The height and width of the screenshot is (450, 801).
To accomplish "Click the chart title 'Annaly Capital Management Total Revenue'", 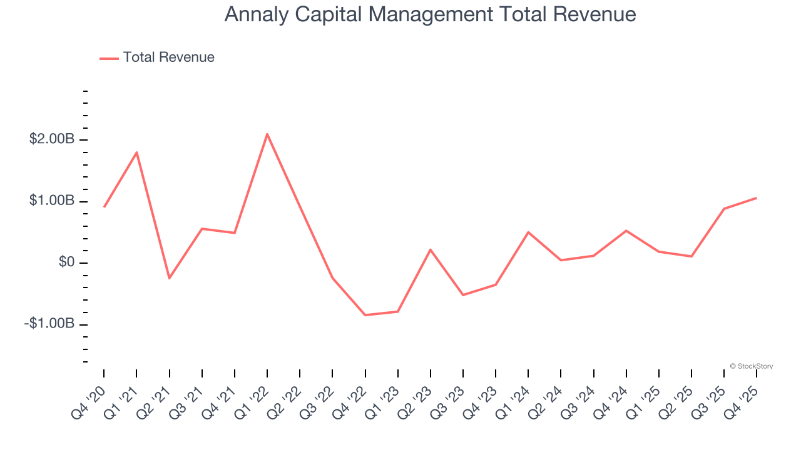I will coord(430,14).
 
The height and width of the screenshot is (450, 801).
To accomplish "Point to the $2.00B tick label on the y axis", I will coord(51,139).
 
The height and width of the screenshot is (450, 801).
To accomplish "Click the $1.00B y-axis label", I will coord(51,201).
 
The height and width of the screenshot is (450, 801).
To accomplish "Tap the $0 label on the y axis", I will coord(67,262).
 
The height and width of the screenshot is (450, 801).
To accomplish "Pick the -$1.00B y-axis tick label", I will coord(49,324).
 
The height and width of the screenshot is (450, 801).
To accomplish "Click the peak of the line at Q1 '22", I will coord(267,134).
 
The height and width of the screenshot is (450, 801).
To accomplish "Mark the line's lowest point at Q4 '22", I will coord(365,315).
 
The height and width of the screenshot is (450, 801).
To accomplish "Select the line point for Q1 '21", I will coord(136,152).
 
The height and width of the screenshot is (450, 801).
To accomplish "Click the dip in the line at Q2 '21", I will coord(169,278).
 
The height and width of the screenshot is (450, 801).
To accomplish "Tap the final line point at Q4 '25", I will coord(757,198).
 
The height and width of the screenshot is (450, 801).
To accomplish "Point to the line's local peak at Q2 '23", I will coord(431,249).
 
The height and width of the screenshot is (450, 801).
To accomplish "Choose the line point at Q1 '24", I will coord(528,232).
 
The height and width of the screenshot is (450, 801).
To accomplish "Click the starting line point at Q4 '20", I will coord(104,207).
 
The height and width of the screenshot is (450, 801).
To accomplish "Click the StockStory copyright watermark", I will coord(751,366).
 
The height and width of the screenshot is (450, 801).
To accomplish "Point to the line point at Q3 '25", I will coord(724,209).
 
